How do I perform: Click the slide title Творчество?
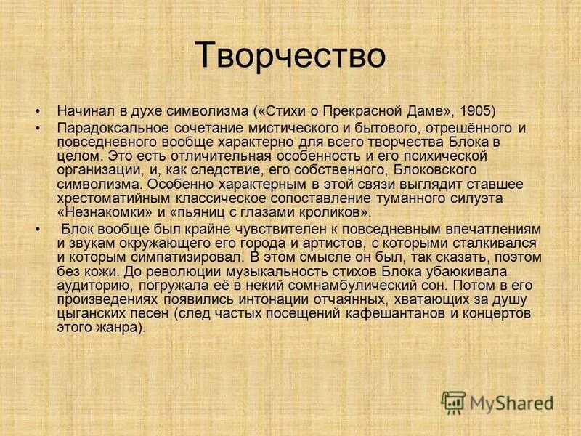(290, 56)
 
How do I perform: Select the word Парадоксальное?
(106, 128)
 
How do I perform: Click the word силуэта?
(476, 198)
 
